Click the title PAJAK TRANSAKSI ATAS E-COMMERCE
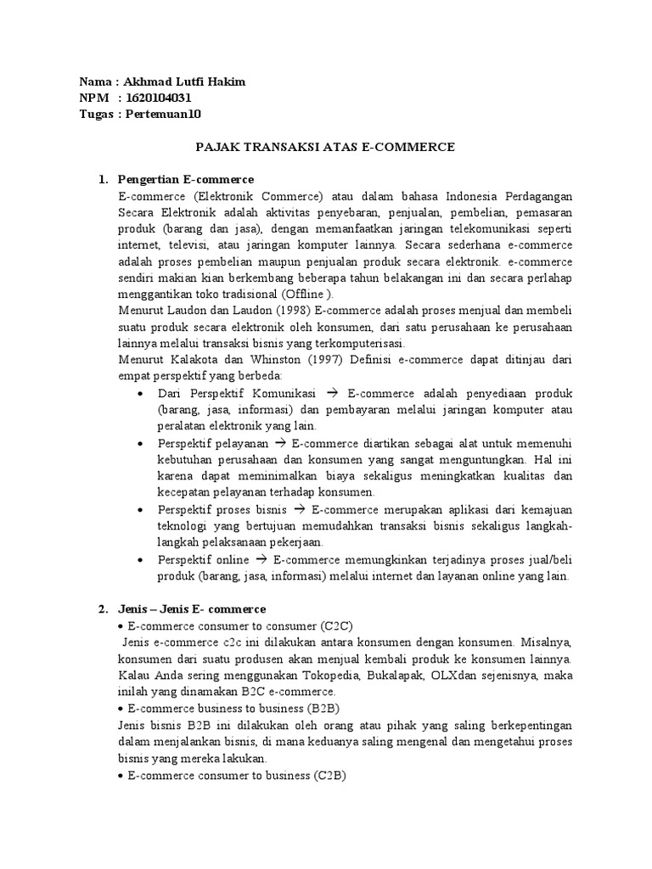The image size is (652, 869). click(325, 147)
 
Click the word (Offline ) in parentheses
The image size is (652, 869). click(303, 294)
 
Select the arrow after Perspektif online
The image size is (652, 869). click(261, 560)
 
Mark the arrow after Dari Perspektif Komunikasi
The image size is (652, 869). click(332, 394)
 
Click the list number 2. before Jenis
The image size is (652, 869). click(103, 608)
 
